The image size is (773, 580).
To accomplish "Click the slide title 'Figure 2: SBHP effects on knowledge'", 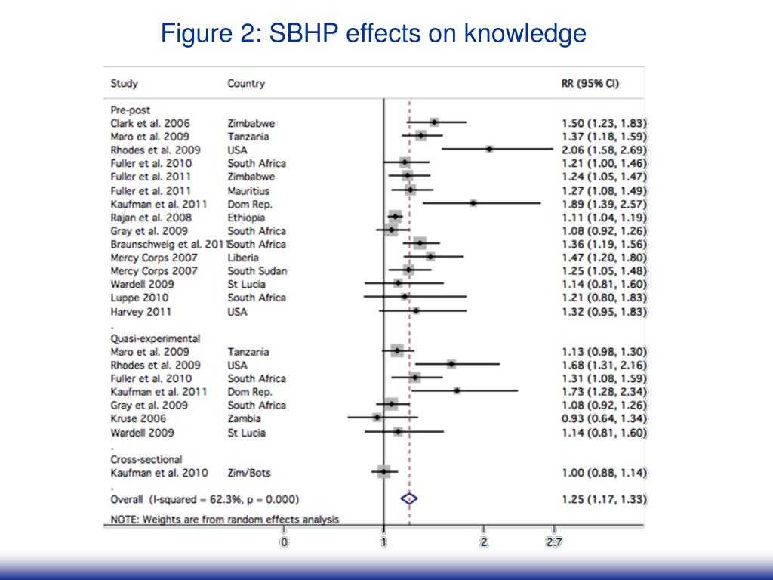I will point(374,33).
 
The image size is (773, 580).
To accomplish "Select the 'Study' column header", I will point(124,83).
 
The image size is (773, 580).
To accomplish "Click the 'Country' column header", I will point(246,83).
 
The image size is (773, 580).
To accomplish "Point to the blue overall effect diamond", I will point(408,498).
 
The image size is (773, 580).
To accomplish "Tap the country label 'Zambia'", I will point(244,418).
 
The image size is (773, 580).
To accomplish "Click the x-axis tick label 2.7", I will point(554,541).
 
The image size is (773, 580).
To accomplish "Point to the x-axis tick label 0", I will point(284,541).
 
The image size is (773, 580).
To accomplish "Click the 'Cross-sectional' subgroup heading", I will point(146,458).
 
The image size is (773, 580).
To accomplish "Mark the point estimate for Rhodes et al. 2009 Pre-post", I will point(489,150).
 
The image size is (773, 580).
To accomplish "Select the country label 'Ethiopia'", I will point(245,217).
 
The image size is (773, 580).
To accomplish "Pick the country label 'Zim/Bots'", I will point(248,472).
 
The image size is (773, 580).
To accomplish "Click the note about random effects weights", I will point(225,519).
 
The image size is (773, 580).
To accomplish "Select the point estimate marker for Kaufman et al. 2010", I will point(384,472).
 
